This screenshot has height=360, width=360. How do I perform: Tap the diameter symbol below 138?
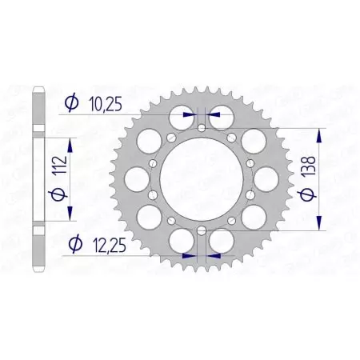tap(318, 194)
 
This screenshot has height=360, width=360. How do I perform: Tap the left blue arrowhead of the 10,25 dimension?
tap(190, 115)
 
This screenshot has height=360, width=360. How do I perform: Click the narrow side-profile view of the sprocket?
tap(38, 178)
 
